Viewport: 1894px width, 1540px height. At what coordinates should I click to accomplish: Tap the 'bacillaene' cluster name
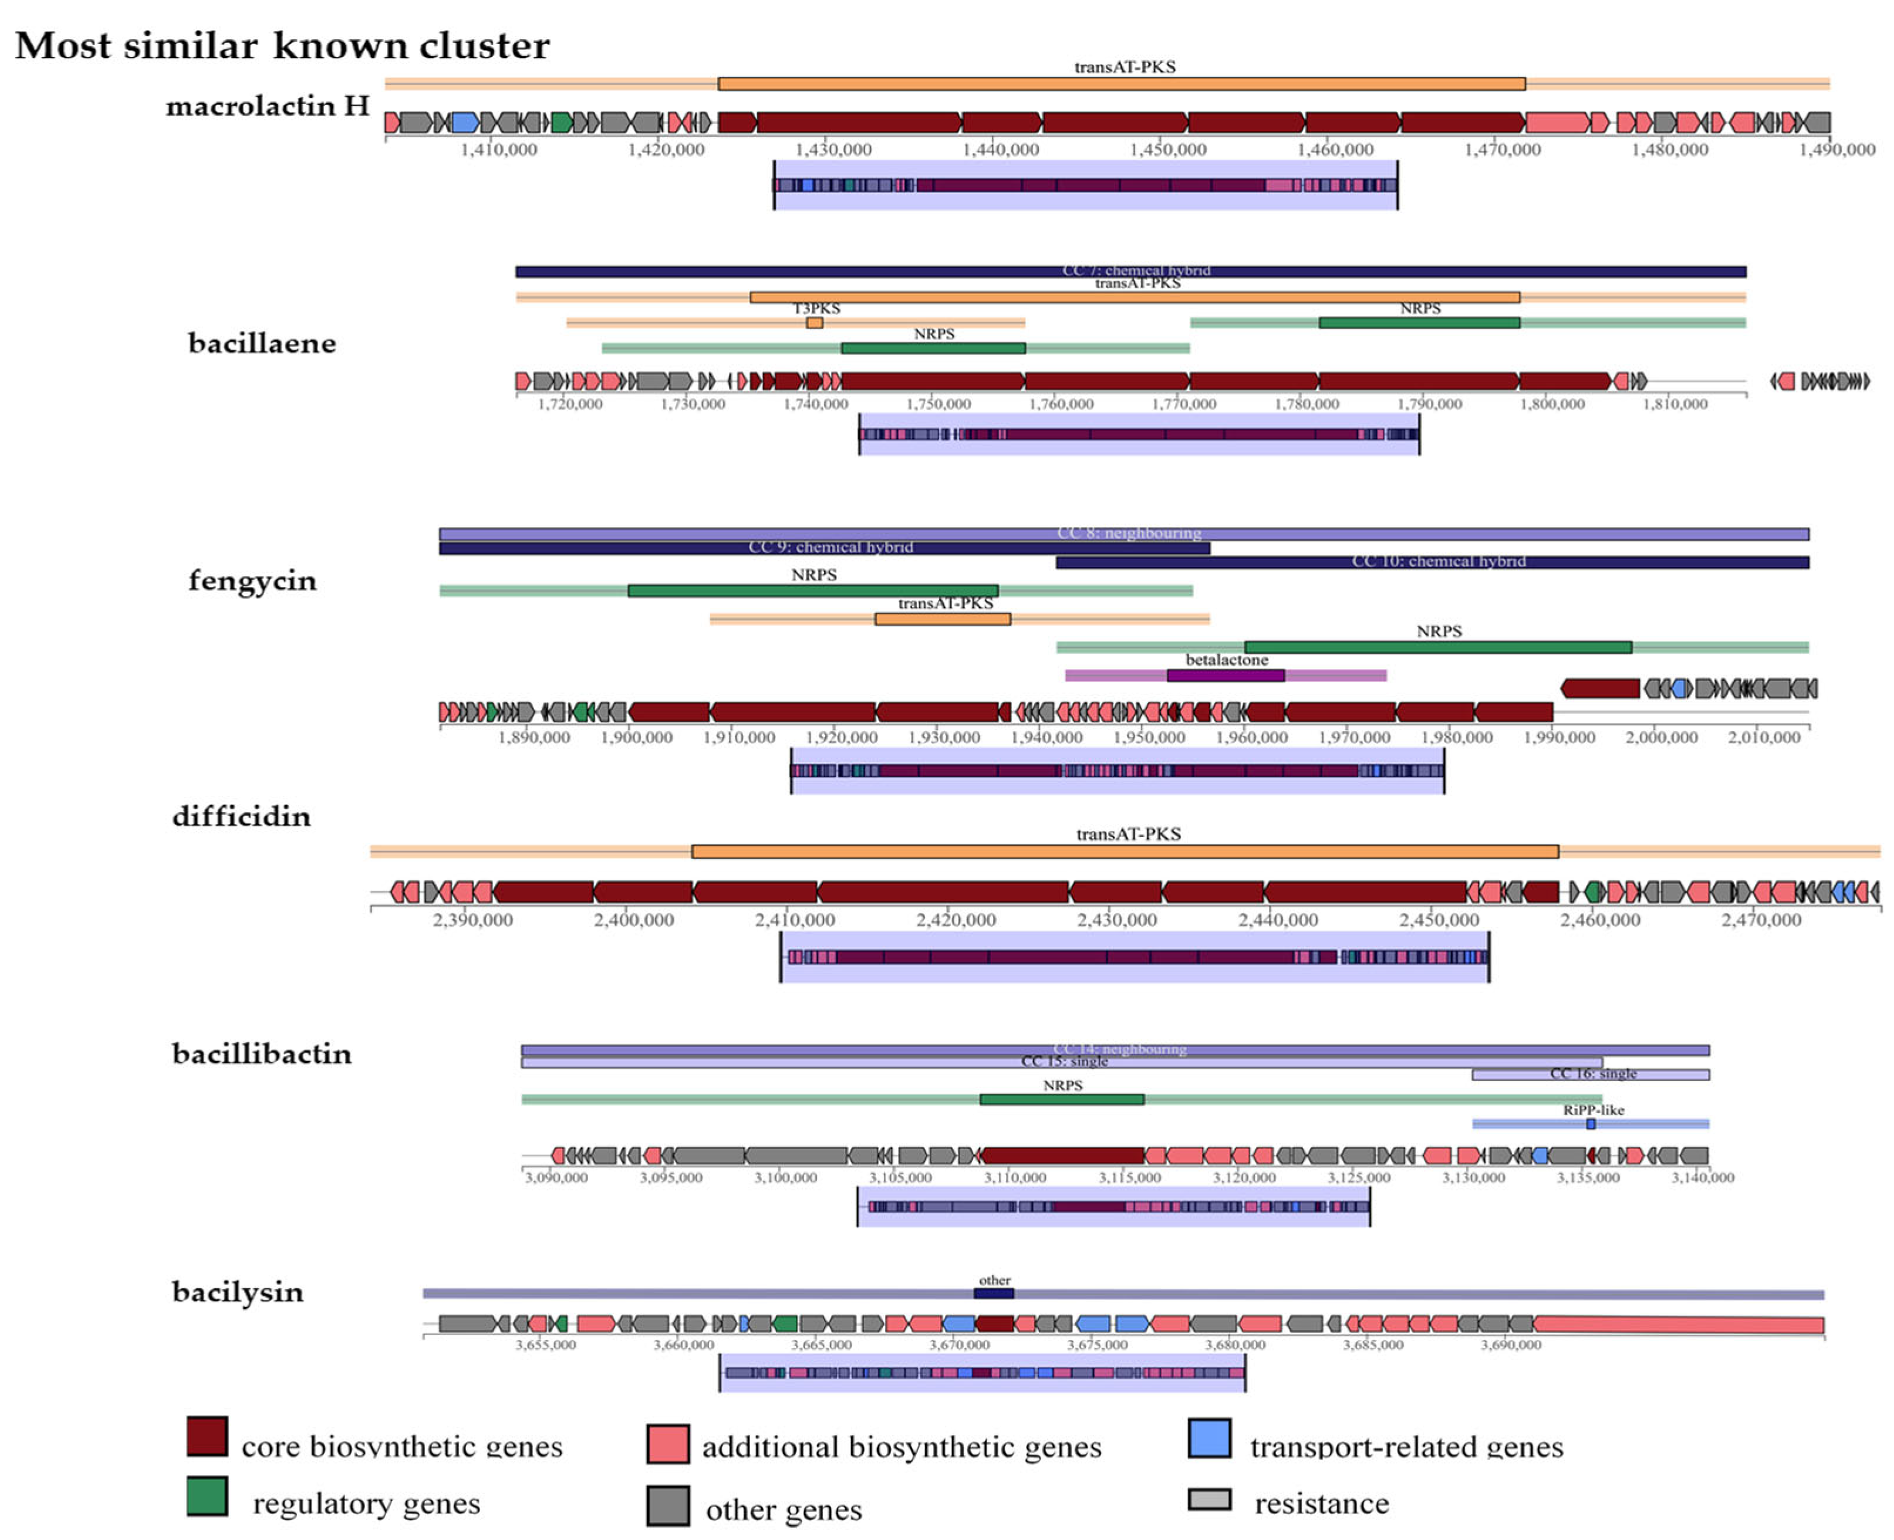(262, 343)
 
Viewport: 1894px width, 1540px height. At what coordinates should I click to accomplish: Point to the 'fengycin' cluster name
(252, 580)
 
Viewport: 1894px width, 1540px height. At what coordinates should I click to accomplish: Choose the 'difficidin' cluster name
(241, 816)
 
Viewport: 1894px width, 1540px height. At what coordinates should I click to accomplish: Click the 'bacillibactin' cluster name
(262, 1054)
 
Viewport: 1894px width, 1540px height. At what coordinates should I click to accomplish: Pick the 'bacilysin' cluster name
(238, 1292)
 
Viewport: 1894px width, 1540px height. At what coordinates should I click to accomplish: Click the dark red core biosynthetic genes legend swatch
(207, 1436)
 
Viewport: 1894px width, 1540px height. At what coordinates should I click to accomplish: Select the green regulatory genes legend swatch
(207, 1495)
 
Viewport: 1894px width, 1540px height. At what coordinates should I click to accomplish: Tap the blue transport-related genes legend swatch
(1208, 1438)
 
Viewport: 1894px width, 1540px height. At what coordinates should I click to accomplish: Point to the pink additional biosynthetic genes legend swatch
(668, 1443)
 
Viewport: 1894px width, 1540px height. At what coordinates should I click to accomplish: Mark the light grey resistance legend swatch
(1208, 1499)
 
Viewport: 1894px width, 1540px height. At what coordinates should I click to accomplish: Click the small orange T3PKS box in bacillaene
(815, 323)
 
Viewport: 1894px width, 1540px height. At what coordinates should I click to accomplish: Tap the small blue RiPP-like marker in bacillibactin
(1591, 1124)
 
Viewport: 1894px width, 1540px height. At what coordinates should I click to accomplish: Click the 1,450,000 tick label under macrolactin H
(1167, 150)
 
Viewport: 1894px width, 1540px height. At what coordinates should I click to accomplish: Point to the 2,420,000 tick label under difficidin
(956, 920)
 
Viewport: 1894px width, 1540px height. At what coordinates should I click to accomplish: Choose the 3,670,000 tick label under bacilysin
(959, 1345)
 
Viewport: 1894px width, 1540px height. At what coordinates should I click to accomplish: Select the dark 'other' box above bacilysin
(994, 1294)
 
